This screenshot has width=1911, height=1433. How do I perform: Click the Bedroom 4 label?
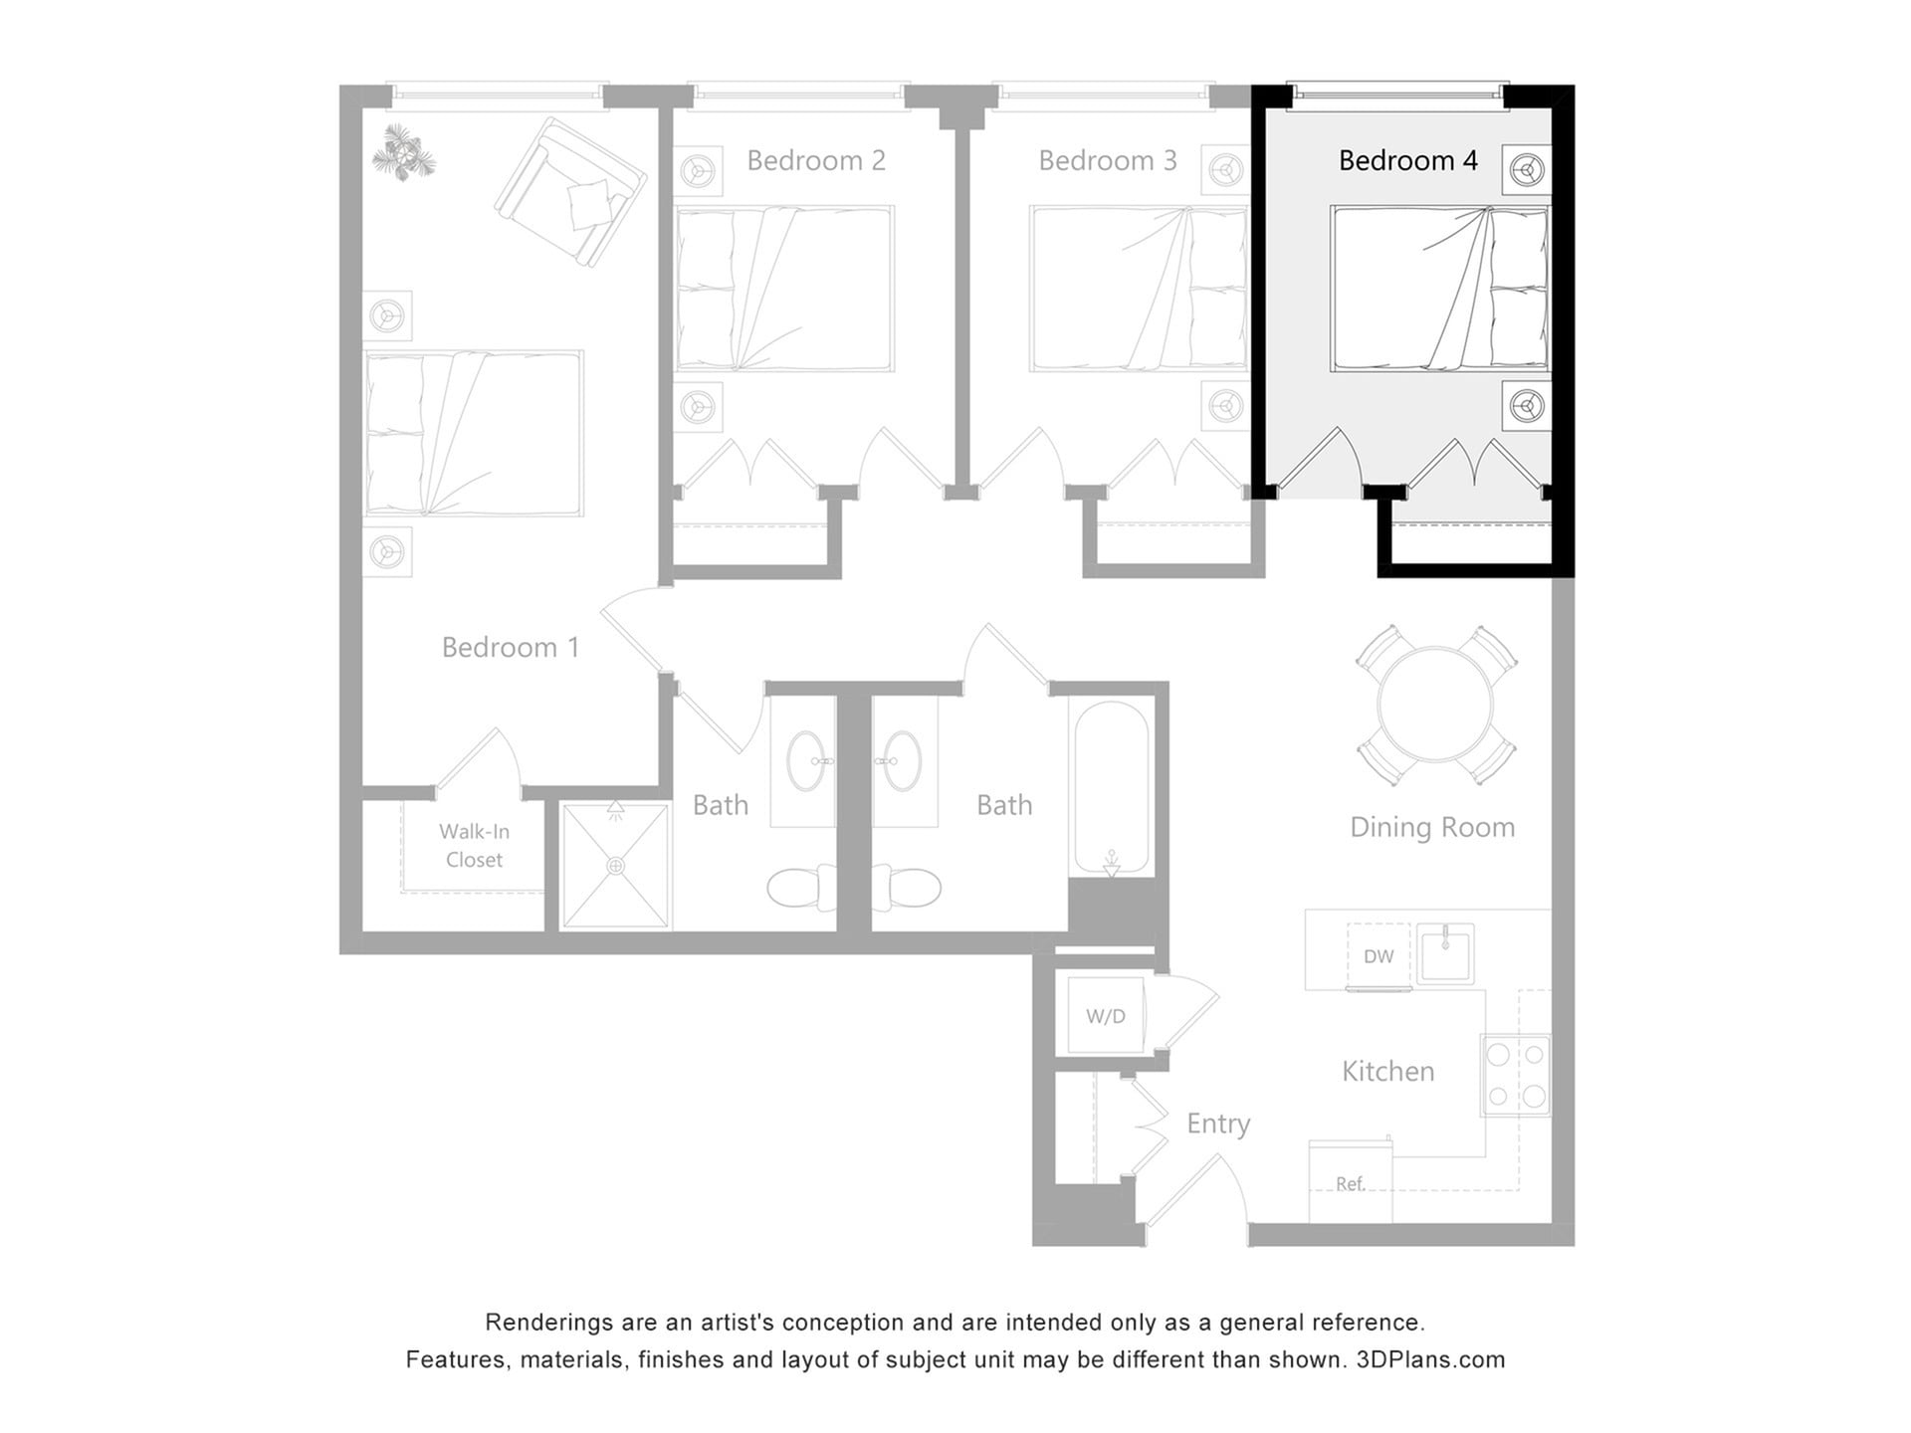1407,160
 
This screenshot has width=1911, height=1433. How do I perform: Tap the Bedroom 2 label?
816,160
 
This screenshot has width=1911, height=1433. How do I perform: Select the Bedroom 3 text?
1107,160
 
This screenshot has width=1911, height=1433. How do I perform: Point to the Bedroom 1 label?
510,648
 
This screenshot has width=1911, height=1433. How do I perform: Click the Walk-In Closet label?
474,845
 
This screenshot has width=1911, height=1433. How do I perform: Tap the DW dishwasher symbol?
1379,956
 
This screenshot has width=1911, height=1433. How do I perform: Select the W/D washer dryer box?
1105,1016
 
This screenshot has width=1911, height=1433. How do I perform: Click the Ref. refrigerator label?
1350,1183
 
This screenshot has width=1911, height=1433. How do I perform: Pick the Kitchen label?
1387,1072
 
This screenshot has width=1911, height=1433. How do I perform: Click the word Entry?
1218,1124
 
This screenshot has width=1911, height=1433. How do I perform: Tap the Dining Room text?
1431,827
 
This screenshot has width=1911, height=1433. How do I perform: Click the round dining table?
1435,705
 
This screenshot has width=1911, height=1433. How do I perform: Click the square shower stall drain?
616,867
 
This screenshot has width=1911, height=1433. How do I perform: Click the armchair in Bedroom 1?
570,192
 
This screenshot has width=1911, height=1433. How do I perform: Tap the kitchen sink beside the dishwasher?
1445,954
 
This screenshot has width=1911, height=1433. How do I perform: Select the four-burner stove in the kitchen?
1516,1075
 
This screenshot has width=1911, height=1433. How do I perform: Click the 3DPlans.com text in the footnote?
1430,1359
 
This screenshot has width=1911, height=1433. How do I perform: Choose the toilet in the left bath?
801,888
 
